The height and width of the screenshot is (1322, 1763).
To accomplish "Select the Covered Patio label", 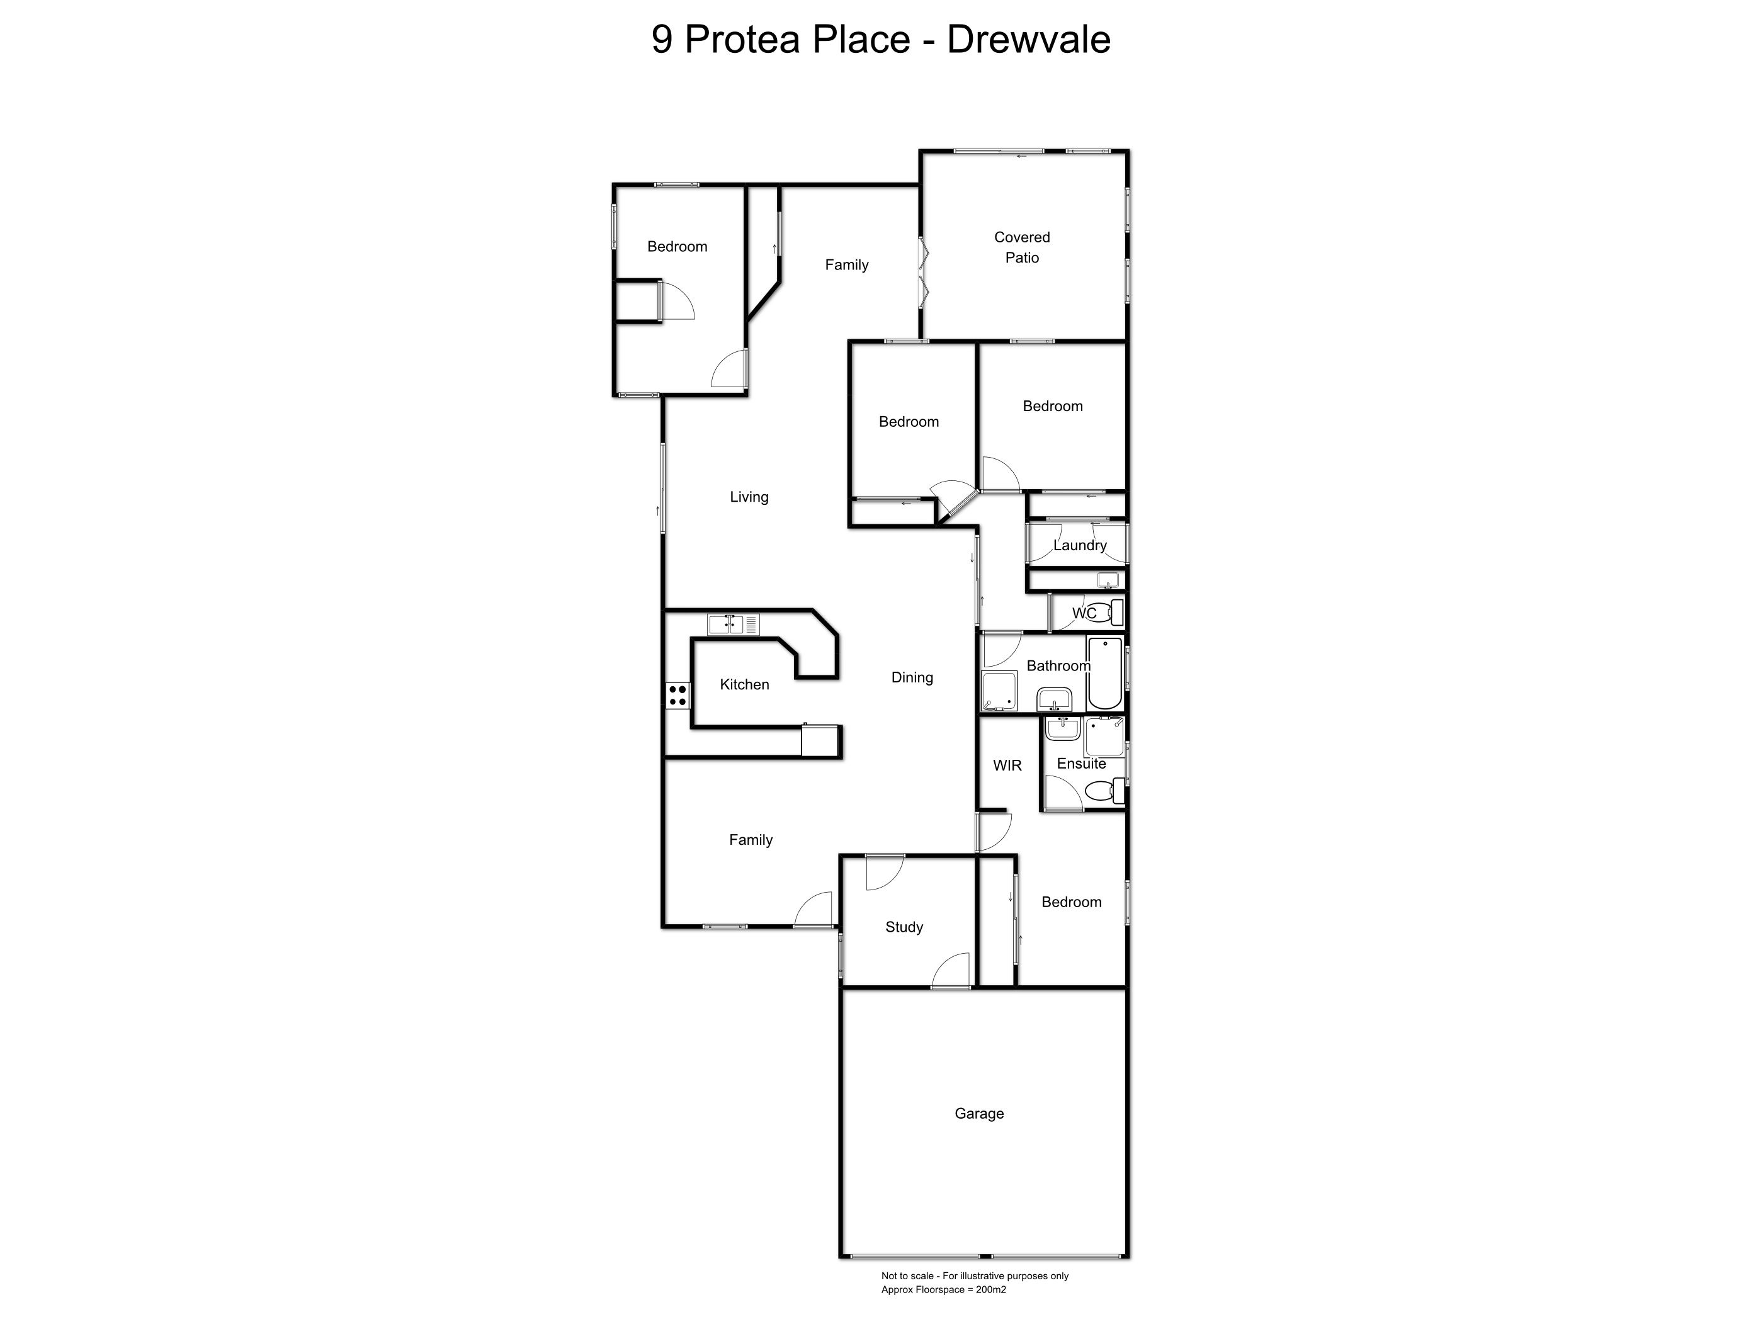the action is pos(1022,247).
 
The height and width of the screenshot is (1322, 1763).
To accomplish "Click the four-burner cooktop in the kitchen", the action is pos(677,696).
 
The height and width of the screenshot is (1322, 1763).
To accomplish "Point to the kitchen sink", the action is pos(734,624).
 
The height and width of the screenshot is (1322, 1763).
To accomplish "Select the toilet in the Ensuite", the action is pos(1106,791).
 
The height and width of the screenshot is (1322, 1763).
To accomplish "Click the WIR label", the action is pos(1007,765).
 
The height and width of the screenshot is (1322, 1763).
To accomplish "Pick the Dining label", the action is pos(912,677).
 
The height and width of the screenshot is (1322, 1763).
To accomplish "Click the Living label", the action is pos(749,497).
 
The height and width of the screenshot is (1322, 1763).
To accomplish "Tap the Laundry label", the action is pos(1080,546).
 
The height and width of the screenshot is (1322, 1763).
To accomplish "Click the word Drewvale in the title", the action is pos(1028,39).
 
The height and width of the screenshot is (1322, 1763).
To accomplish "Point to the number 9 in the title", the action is pos(662,40).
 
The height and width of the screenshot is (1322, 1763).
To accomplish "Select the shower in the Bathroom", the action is pos(999,691).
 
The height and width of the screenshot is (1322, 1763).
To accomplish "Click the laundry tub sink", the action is pos(1108,579).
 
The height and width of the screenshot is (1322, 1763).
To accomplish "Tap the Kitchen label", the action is pos(744,684).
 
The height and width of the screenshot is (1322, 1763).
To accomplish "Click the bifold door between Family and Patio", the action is pos(923,273).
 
